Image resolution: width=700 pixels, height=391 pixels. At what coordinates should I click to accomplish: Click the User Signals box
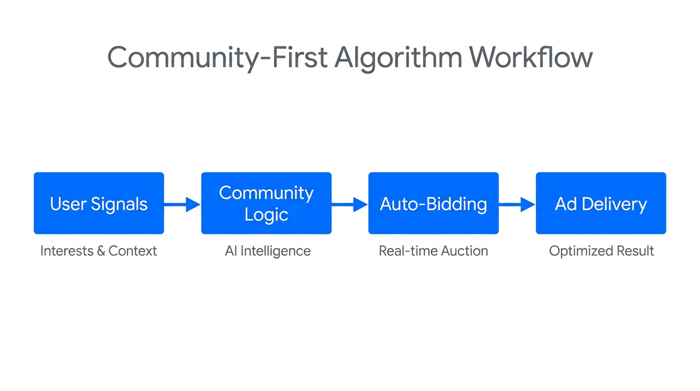point(99,203)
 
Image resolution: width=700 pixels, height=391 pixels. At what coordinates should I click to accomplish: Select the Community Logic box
point(266,203)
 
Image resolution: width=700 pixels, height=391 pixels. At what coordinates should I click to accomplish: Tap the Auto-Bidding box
point(433,203)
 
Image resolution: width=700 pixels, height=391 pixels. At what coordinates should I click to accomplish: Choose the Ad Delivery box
point(601,203)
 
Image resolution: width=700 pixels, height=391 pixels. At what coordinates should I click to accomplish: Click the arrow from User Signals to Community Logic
point(182,205)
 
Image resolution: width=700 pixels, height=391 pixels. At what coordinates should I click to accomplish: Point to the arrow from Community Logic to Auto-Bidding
point(349,205)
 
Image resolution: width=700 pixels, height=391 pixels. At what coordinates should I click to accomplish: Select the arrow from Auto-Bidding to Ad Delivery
point(517,205)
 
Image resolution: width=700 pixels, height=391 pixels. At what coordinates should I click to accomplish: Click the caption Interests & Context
point(99,251)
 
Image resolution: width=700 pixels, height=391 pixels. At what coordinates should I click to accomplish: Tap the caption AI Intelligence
point(268,251)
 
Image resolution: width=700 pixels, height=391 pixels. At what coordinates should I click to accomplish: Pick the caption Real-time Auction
point(433,251)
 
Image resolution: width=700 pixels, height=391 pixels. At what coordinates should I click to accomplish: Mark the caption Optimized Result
point(601,251)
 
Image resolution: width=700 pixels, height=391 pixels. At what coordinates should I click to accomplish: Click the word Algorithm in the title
point(398,58)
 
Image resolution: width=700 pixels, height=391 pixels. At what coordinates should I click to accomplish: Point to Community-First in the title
point(217,58)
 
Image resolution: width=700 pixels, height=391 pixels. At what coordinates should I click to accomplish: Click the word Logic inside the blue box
point(266,214)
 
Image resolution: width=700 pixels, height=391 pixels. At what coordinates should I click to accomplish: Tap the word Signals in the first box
point(119,205)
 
